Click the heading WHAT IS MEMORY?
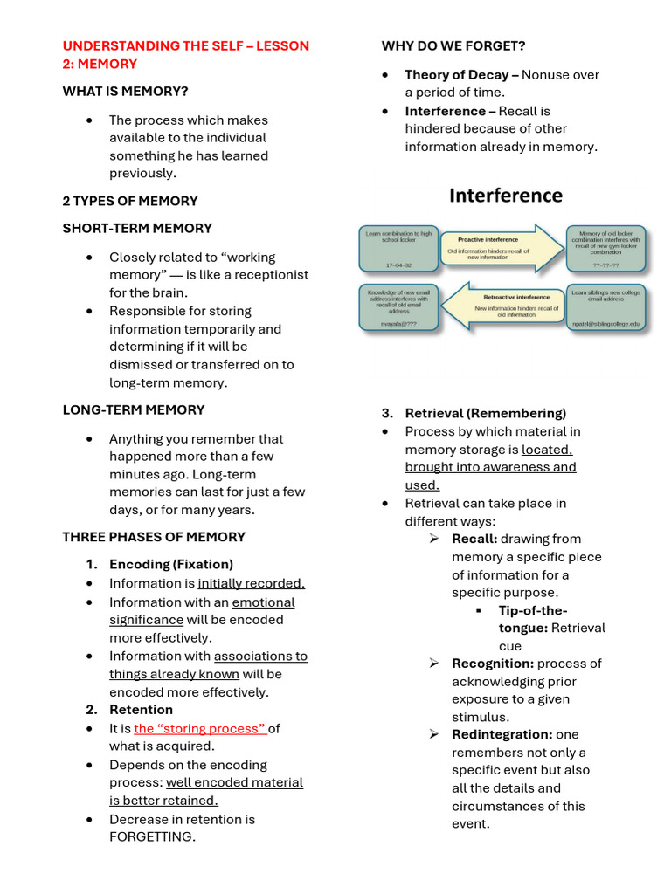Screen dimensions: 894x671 125,91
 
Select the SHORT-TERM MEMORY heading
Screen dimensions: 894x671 137,228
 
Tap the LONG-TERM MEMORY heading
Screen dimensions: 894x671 134,409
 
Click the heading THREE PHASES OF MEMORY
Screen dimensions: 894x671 154,536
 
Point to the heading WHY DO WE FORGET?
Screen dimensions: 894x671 453,45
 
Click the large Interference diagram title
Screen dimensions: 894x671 506,196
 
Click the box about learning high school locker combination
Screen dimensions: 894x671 398,248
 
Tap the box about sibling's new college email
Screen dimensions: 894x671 605,307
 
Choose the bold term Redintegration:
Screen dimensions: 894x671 502,734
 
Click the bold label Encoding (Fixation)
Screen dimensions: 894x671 170,564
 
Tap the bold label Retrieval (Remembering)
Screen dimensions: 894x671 485,413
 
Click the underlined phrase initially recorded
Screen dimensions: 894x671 251,583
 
